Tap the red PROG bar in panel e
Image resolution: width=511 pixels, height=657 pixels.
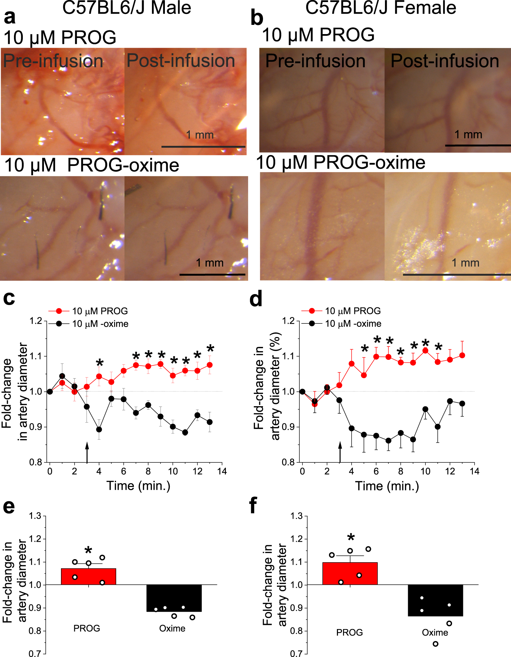point(89,577)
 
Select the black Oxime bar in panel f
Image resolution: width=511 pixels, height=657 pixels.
point(435,600)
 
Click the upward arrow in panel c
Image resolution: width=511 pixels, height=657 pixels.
point(87,452)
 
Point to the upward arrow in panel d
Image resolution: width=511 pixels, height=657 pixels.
point(340,452)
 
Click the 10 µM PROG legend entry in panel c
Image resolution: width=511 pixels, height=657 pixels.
point(99,311)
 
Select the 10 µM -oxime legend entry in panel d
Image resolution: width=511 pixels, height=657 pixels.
point(353,324)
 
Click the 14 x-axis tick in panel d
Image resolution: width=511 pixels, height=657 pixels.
point(474,471)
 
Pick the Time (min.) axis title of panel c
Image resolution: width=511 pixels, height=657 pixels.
point(138,486)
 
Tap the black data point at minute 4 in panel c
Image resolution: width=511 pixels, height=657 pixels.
point(99,429)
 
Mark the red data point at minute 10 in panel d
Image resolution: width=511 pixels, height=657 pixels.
point(425,350)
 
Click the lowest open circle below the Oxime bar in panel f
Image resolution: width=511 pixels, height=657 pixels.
point(435,644)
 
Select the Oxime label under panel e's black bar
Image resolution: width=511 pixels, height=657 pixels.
point(172,628)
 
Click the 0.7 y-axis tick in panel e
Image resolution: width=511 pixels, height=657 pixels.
point(35,653)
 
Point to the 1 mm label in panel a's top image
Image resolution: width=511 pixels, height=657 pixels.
point(200,135)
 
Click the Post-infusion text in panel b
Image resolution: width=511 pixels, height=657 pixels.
point(445,61)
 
